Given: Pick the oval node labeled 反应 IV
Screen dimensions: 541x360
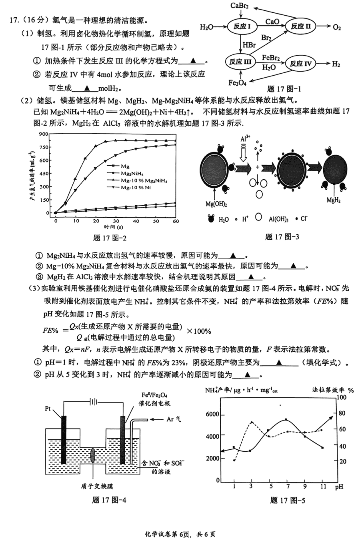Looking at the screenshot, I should [x=300, y=64].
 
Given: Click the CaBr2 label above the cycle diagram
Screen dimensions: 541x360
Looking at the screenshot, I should [x=240, y=6].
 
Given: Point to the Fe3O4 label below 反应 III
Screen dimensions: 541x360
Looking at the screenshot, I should [x=237, y=83].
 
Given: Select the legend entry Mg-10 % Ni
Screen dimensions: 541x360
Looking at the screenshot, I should [x=136, y=187].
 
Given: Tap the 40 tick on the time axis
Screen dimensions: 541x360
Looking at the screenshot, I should [x=136, y=221].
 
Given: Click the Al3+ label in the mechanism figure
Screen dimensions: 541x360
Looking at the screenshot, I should [x=245, y=139].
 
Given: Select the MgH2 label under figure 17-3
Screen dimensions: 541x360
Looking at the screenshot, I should [x=333, y=200].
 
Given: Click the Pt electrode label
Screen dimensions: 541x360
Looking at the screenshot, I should [x=48, y=409].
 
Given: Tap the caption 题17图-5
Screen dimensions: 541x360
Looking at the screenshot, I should [x=287, y=500].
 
